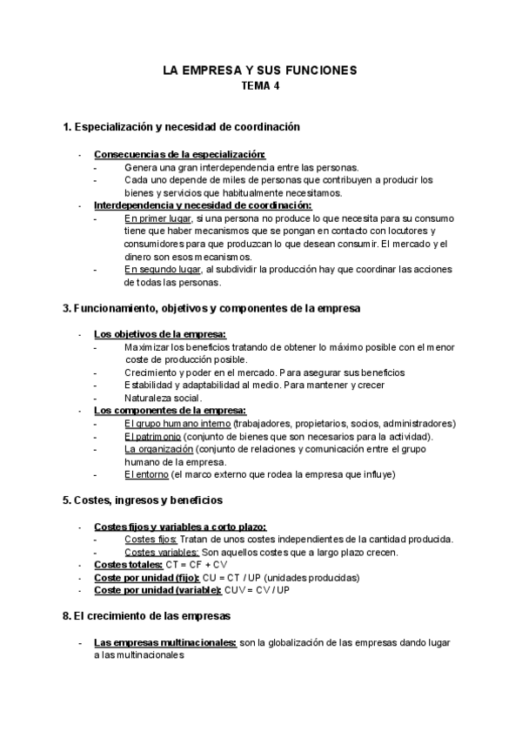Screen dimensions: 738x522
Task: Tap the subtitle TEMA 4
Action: (260, 86)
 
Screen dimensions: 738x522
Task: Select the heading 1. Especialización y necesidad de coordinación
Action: (182, 127)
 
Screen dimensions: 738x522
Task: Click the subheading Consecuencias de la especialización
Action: (168, 154)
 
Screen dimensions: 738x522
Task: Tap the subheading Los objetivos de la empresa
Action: (160, 334)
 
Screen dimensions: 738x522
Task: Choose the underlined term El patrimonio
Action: (153, 436)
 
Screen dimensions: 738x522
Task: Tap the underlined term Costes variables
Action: (162, 552)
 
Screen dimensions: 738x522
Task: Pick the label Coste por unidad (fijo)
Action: (146, 577)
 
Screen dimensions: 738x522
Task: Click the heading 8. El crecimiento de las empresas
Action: (147, 616)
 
